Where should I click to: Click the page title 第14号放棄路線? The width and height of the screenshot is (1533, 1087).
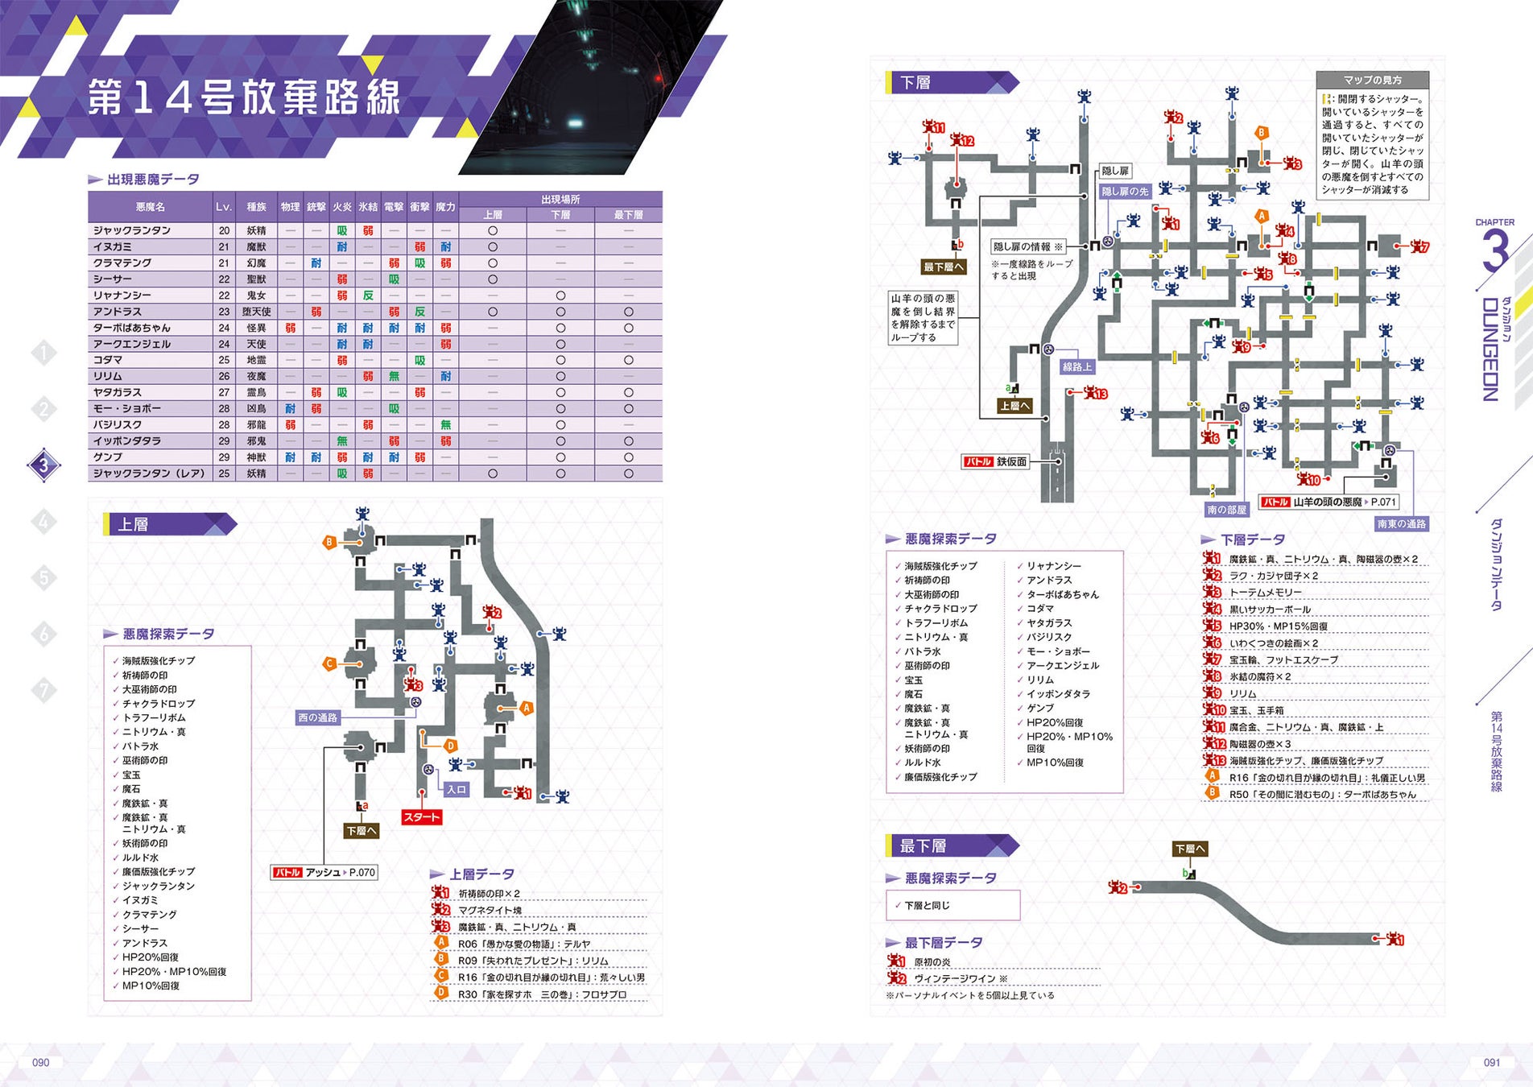coord(243,97)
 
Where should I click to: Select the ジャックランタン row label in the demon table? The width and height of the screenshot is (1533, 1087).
coord(132,230)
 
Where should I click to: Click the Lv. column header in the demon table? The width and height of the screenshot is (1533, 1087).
coord(224,207)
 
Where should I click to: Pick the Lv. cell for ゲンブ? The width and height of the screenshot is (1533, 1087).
coord(224,457)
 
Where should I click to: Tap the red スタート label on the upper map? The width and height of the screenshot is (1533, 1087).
coord(421,816)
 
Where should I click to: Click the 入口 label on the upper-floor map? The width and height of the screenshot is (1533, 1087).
coord(457,789)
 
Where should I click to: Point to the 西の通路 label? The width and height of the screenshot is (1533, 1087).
coord(317,717)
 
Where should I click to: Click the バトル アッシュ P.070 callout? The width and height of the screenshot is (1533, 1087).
coord(324,872)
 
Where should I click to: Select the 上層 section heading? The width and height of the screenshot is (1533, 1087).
coord(134,524)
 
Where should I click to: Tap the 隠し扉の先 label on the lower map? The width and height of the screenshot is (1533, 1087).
coord(1125,191)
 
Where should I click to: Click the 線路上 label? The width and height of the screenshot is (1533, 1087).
coord(1076,366)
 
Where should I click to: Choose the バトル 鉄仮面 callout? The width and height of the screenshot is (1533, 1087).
coord(996,461)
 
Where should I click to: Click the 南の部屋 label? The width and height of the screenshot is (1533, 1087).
coord(1225,509)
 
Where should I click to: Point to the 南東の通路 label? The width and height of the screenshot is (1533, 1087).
coord(1401,523)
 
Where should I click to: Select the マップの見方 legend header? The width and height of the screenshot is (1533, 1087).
coord(1372,80)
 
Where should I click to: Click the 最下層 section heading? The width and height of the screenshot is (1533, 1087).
coord(923,845)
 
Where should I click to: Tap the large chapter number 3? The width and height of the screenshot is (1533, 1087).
coord(1494,251)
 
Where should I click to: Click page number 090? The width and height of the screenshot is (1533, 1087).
coord(40,1062)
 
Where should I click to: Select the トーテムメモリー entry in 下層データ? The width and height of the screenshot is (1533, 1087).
coord(1265,593)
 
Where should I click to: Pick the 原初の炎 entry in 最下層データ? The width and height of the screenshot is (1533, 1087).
coord(932,962)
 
